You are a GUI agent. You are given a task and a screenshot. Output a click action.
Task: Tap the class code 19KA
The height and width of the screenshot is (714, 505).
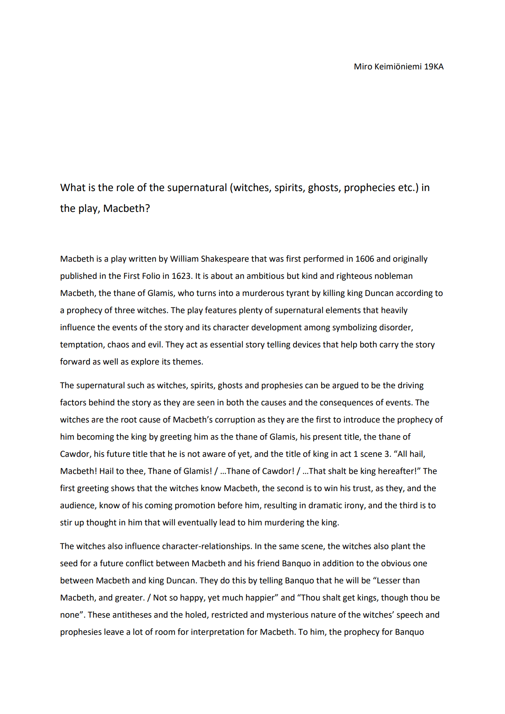(434, 67)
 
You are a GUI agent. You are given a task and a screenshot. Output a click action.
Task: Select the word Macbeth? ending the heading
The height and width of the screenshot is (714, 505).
(127, 209)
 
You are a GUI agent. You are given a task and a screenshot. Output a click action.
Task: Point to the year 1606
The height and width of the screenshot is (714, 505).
(365, 259)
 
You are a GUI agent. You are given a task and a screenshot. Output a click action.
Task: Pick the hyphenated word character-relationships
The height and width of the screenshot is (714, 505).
(207, 546)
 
